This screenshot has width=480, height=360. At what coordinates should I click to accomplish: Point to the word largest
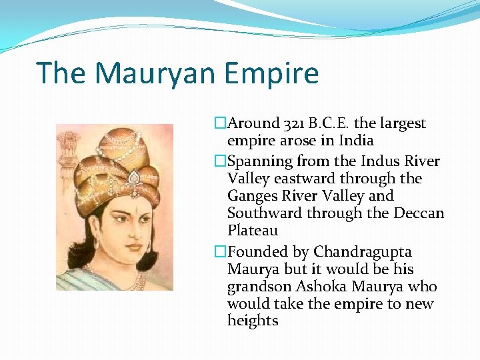click(x=403, y=123)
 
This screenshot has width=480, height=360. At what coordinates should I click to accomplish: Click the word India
click(x=356, y=141)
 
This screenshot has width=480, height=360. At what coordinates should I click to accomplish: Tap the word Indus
click(x=371, y=161)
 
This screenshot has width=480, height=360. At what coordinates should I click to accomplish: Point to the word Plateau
click(x=252, y=231)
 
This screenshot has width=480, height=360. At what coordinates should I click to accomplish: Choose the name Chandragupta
click(x=363, y=252)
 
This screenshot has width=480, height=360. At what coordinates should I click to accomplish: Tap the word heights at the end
click(x=252, y=321)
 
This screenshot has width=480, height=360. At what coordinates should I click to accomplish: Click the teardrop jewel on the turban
click(x=134, y=177)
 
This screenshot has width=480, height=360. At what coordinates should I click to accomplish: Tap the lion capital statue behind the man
click(x=68, y=143)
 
